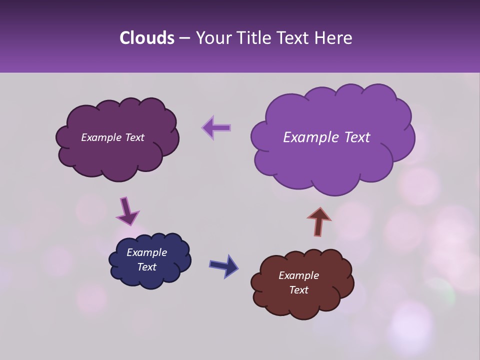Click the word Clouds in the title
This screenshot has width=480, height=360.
[147, 38]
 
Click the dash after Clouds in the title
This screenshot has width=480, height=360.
[184, 38]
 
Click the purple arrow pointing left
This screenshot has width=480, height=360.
[216, 128]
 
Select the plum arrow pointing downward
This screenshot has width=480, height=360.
[127, 211]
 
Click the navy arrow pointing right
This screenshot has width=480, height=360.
[224, 265]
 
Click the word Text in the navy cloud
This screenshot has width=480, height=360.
[146, 267]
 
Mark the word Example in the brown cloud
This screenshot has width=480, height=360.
[298, 275]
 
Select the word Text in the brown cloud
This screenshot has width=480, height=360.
[298, 290]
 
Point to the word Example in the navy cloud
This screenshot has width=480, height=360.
[146, 252]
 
